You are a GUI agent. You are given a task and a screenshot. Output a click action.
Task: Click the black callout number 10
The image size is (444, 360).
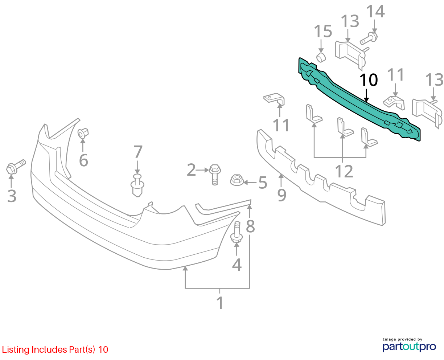369,80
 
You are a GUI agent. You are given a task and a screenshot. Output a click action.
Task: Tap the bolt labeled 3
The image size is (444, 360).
16,167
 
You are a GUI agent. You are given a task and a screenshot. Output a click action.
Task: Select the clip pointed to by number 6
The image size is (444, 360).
83,133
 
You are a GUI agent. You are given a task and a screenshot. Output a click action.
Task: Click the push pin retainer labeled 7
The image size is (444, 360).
137,185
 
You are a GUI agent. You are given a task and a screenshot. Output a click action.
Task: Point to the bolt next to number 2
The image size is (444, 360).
215,174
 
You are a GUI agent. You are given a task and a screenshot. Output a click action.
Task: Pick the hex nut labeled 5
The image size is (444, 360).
237,180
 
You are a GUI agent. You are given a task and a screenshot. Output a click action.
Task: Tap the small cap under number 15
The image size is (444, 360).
321,57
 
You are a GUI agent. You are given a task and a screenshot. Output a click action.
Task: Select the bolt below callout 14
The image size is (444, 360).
369,38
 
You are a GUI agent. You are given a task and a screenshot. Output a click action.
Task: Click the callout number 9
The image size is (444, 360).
281,195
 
